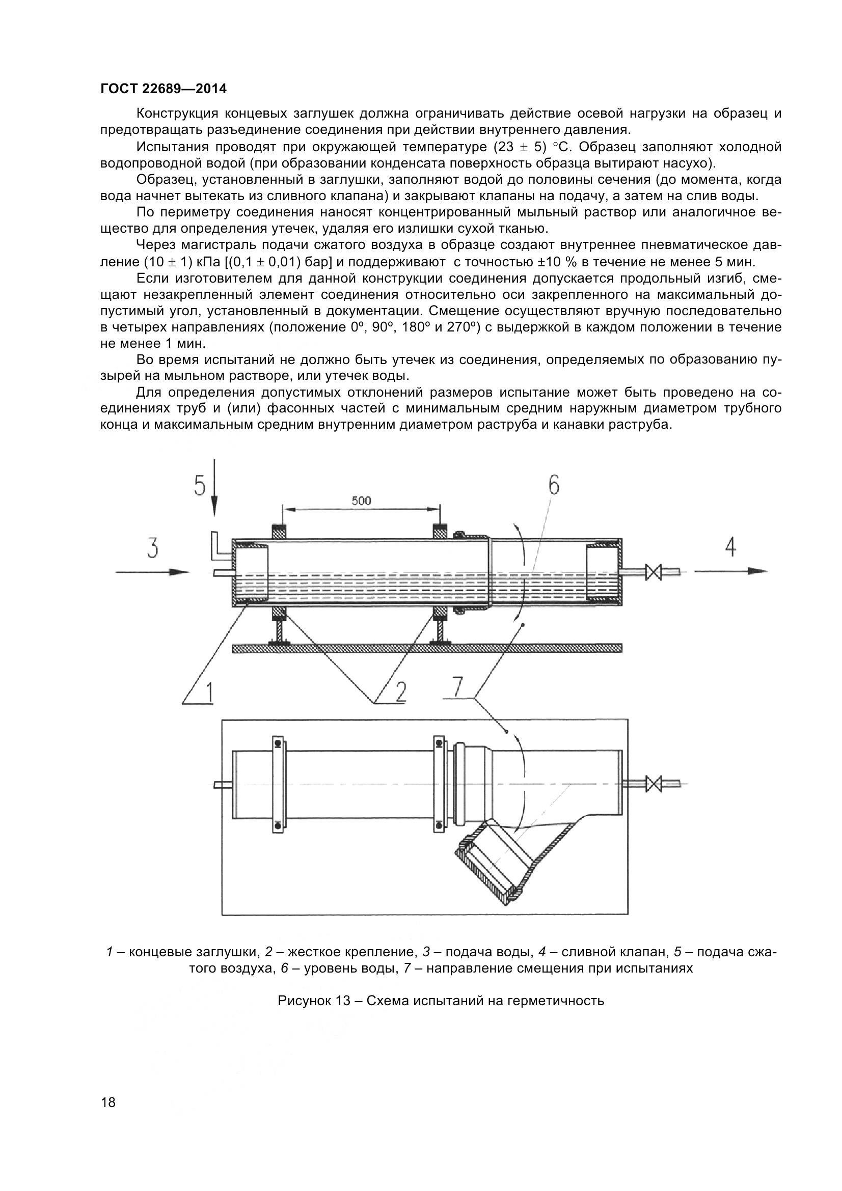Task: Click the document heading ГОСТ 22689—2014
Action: coord(164,89)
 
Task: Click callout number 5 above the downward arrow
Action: coord(200,486)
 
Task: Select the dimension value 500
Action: coord(361,501)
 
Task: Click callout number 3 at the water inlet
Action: coord(152,548)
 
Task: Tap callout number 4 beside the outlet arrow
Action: coord(730,547)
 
